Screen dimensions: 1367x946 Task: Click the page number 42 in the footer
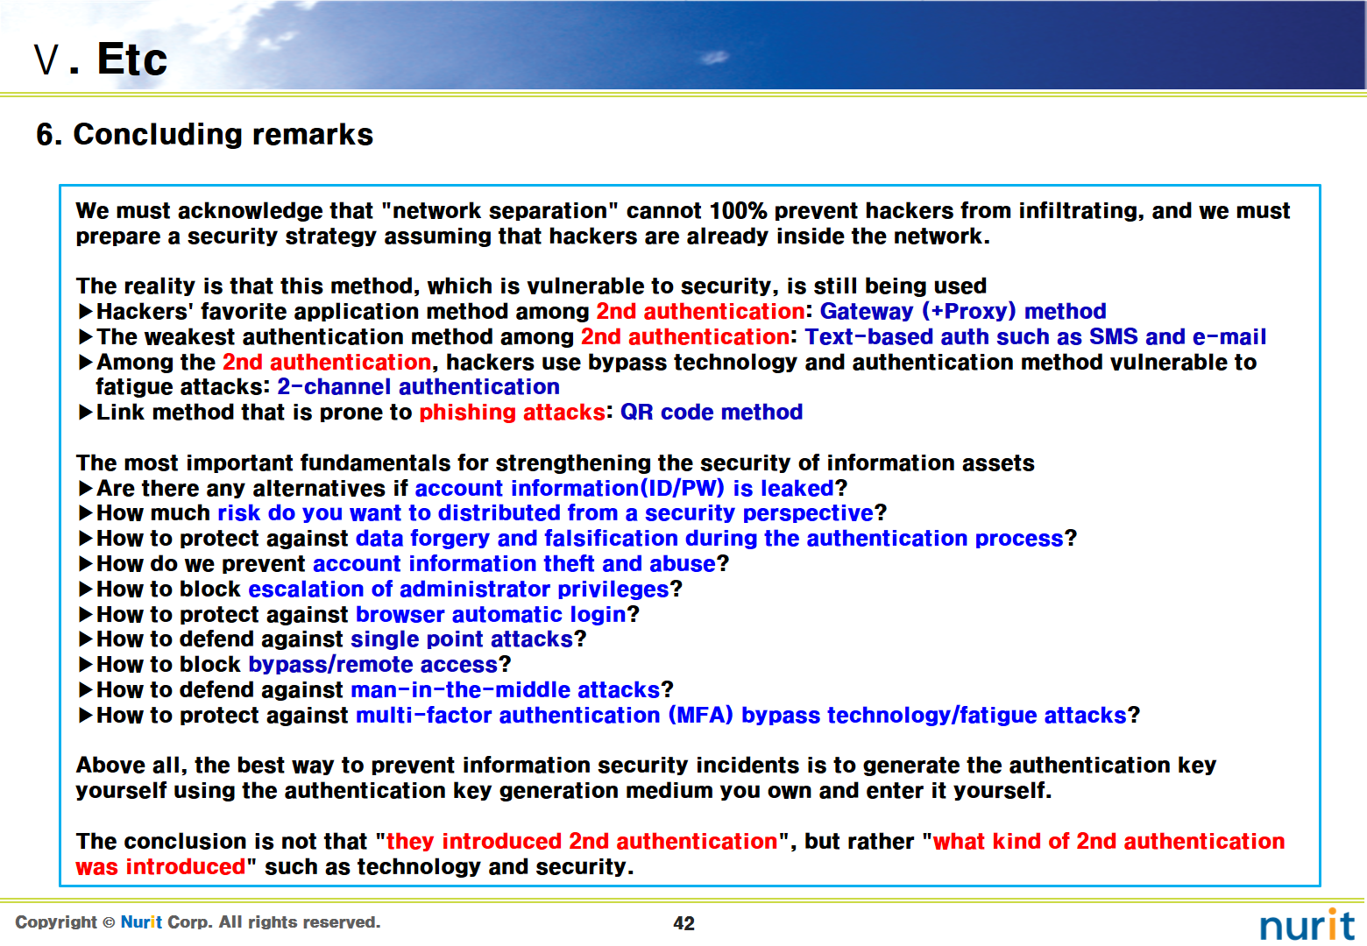tap(683, 923)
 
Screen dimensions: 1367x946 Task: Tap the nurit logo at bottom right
tap(1307, 924)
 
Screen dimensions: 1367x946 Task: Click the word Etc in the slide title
tap(131, 60)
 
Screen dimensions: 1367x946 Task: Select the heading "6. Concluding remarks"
tap(204, 134)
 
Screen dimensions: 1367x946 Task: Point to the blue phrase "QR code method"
tap(712, 413)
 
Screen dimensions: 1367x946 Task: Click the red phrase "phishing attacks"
tap(512, 413)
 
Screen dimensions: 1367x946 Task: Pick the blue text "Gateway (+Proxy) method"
tap(963, 312)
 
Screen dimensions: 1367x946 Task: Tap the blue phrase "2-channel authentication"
tap(419, 386)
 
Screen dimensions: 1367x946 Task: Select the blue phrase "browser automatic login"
tap(492, 614)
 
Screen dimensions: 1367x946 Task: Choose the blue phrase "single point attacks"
tap(462, 639)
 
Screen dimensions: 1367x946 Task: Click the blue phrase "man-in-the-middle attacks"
tap(506, 690)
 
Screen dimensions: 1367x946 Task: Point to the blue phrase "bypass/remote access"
tap(373, 664)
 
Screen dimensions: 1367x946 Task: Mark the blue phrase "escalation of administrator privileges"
tap(459, 589)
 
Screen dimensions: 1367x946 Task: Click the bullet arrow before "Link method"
tap(86, 413)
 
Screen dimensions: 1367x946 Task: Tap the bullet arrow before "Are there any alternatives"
tap(86, 488)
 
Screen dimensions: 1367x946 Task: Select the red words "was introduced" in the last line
tap(160, 866)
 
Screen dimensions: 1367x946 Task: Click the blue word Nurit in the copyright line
tap(142, 921)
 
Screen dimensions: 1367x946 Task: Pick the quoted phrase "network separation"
tap(499, 211)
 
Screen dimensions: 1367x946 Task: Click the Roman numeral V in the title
tap(46, 60)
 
